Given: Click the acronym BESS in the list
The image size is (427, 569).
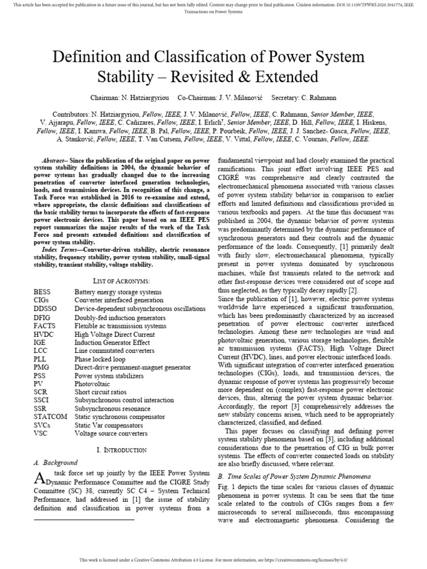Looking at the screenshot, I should point(43,292).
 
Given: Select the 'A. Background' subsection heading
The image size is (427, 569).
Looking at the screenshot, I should point(57,462).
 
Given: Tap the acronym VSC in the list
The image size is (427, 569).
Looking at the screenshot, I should point(41,433).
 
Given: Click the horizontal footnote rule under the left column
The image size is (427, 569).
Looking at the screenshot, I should point(84,520).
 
